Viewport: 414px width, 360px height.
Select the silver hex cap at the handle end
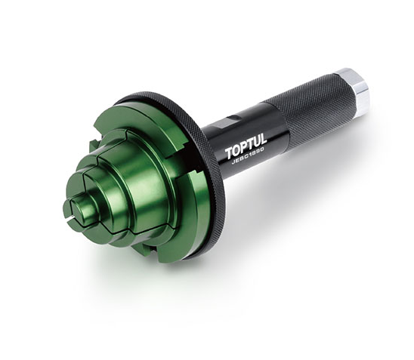(x=353, y=90)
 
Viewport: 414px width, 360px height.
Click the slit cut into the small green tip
(x=70, y=221)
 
